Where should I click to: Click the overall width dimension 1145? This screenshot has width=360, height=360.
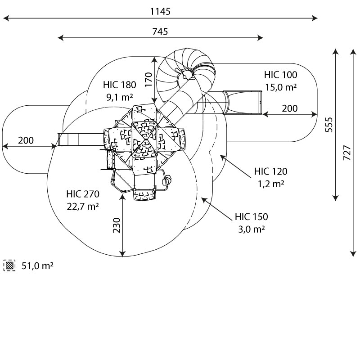click(x=160, y=12)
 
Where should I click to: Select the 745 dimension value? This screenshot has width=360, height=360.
click(x=160, y=31)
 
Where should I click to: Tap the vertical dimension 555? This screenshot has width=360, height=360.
click(x=329, y=125)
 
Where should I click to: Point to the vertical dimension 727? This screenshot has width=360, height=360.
click(x=346, y=153)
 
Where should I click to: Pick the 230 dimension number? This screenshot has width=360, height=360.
click(x=117, y=226)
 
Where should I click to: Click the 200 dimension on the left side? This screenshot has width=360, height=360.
click(x=26, y=140)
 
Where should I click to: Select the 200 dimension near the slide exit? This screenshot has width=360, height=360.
click(x=290, y=108)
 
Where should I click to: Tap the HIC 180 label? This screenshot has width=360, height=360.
click(x=119, y=85)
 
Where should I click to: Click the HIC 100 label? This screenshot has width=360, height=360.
click(x=280, y=75)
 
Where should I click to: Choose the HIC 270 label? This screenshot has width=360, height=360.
click(x=82, y=194)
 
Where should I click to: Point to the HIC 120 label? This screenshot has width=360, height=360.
click(x=270, y=171)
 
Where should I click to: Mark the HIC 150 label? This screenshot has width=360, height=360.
click(x=251, y=217)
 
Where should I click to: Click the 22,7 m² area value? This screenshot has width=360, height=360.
click(x=83, y=206)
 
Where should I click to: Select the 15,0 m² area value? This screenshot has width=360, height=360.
click(x=280, y=87)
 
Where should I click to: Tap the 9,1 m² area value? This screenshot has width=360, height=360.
click(x=119, y=96)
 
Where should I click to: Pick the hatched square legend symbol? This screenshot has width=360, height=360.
click(x=9, y=265)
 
